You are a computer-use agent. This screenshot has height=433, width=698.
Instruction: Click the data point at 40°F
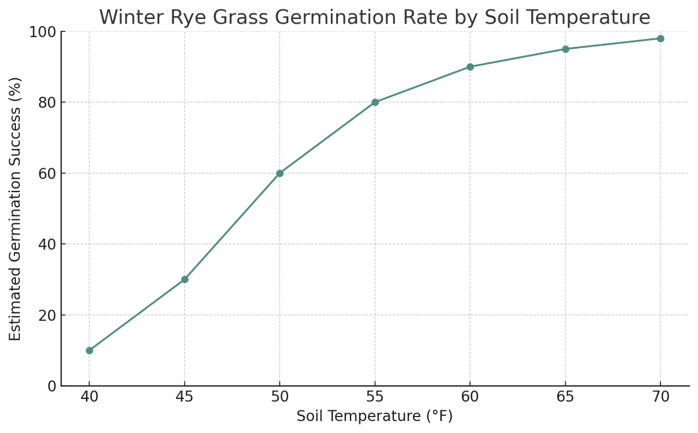pos(89,350)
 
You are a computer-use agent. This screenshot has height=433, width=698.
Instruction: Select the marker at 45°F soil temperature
pos(184,279)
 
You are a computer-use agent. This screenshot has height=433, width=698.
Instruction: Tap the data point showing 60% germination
pos(279,173)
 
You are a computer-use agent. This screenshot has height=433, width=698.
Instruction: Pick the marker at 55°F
pos(375,102)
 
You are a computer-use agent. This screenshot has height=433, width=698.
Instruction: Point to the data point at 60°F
pos(470,67)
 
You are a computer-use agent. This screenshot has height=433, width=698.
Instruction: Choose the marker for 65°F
pos(565,49)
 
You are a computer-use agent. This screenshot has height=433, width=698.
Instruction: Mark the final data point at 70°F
pos(660,39)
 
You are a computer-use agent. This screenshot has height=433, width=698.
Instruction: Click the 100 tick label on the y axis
pos(42,32)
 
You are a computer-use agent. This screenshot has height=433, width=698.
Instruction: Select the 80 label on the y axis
pos(47,103)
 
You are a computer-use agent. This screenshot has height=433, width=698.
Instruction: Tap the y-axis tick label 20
pos(47,315)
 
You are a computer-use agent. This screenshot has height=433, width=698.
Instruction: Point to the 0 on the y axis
pos(51,386)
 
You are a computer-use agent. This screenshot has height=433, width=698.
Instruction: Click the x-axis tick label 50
pos(279,397)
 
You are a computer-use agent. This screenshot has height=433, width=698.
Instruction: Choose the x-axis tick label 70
pos(660,397)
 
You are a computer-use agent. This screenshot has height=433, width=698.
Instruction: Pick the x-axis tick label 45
pos(184,397)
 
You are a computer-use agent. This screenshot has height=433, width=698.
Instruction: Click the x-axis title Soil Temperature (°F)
pos(374,416)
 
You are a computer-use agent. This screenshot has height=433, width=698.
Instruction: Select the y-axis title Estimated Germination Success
pos(15,209)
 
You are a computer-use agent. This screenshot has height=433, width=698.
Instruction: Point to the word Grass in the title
pos(244,18)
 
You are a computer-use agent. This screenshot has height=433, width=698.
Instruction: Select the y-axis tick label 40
pos(47,244)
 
